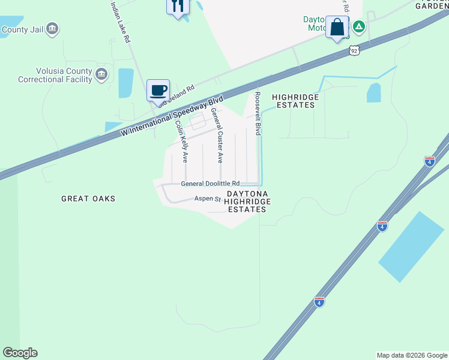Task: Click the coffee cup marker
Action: (x=158, y=91)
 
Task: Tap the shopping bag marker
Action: (x=337, y=27)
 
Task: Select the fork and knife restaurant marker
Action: (x=177, y=7)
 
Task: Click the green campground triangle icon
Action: (x=359, y=26)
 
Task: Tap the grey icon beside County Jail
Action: (x=52, y=28)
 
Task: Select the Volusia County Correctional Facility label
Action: (x=55, y=74)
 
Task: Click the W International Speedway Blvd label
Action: (x=172, y=115)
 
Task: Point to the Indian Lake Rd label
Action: (x=120, y=22)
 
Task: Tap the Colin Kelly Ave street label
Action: (x=181, y=142)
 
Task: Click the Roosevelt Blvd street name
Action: (x=258, y=113)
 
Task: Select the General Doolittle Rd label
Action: (x=210, y=184)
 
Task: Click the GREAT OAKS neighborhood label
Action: (x=88, y=199)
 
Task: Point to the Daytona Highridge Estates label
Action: (x=246, y=202)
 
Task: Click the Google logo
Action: (x=20, y=353)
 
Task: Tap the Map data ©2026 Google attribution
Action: (x=412, y=355)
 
